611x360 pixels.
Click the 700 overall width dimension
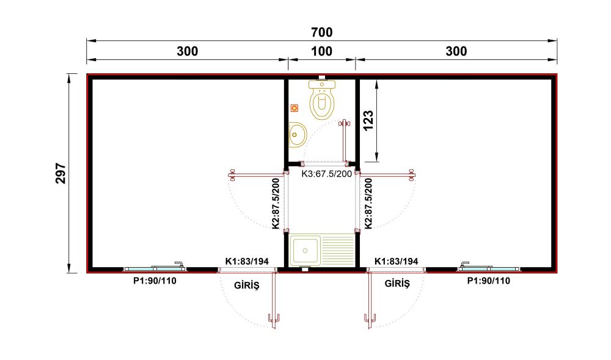pos(322,32)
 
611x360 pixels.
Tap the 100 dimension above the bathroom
pos(322,51)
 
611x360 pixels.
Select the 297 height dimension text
pos(60,174)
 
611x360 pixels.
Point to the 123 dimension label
pos(368,120)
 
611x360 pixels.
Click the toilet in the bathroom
pos(322,100)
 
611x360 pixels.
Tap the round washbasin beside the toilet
pos(298,135)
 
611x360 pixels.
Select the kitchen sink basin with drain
pos(305,251)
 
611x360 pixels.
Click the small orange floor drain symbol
pos(295,108)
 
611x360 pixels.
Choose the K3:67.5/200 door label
pos(326,174)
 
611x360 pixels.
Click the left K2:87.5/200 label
pos(276,204)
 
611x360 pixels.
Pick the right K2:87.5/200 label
pos(368,204)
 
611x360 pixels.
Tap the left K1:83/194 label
pos(247,261)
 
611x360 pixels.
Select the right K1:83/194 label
pos(397,261)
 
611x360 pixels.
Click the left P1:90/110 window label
pos(155,281)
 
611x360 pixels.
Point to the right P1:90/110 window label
pos(489,281)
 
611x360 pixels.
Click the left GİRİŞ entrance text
pos(247,285)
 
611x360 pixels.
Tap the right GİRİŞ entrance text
pos(397,283)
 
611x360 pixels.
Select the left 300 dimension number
pos(188,51)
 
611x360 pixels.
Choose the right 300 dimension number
pos(456,51)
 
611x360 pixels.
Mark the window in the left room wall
pos(155,268)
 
